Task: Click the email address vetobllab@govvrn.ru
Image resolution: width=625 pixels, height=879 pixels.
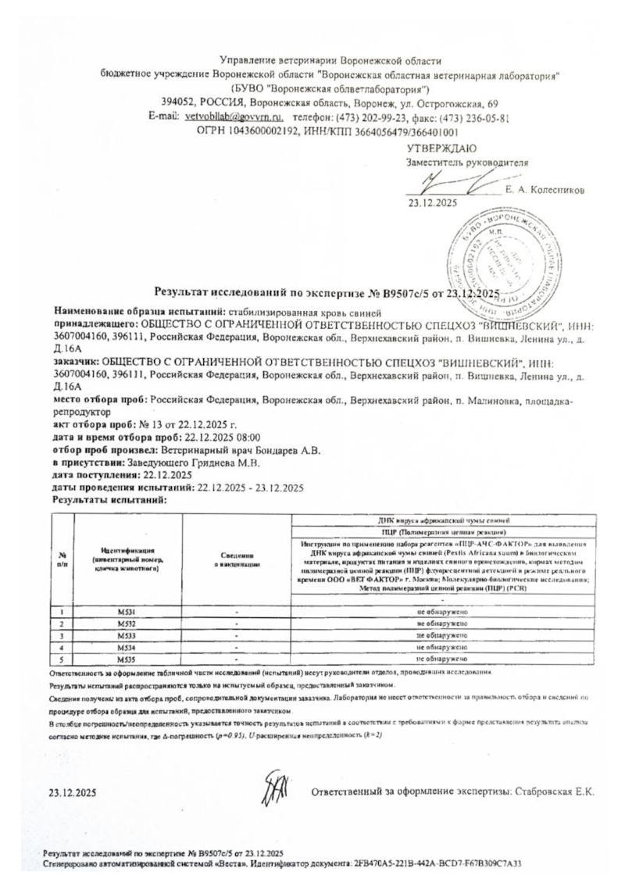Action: (234, 116)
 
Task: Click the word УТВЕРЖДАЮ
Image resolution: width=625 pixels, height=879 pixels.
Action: (441, 148)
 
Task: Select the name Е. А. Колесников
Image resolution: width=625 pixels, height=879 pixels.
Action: (545, 190)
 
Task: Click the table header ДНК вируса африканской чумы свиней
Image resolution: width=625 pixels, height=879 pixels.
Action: (442, 519)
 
